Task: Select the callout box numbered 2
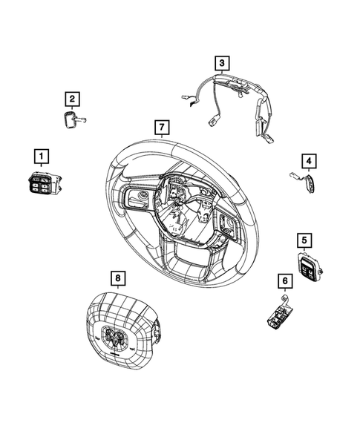click(x=71, y=98)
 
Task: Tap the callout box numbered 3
click(x=222, y=63)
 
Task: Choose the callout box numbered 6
click(x=283, y=280)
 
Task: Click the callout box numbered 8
click(x=117, y=278)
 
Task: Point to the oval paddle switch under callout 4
click(x=307, y=183)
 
